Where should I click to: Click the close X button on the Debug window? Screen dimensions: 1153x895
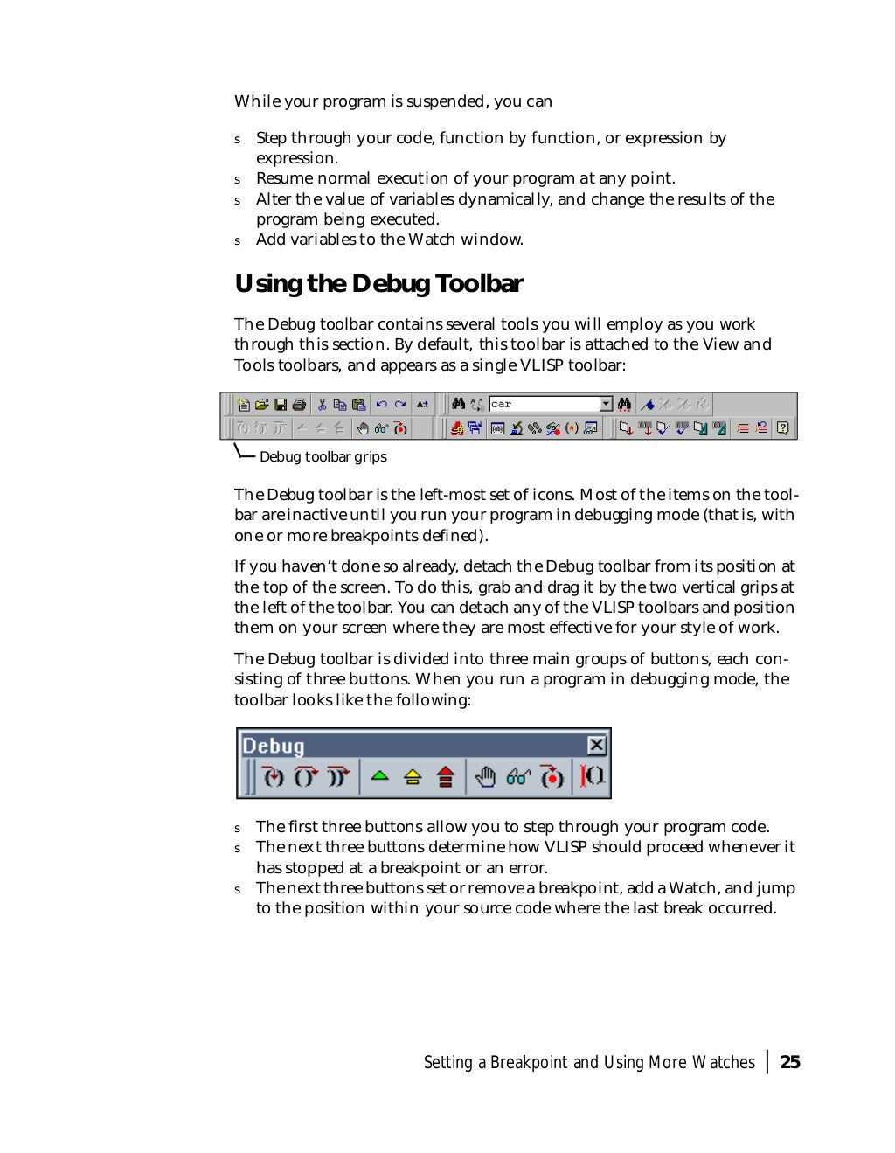[596, 745]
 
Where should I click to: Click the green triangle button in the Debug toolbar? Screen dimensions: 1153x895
[379, 775]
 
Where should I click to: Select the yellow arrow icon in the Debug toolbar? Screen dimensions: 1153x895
[413, 776]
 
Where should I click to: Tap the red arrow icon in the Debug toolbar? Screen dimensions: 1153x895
[446, 776]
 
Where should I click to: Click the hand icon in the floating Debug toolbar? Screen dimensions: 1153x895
[485, 776]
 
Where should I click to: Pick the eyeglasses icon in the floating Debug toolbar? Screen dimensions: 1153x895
[518, 776]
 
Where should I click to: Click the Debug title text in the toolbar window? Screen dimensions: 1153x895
[274, 746]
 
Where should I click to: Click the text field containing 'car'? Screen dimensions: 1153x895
[543, 404]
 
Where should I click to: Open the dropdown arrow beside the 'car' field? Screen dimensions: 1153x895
[606, 404]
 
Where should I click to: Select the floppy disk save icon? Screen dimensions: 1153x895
[281, 404]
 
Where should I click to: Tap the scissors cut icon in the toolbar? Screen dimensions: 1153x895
[322, 404]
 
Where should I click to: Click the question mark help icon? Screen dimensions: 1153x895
[782, 428]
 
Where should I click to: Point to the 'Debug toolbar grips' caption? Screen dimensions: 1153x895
[323, 456]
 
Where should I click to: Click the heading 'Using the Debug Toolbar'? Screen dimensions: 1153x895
[378, 284]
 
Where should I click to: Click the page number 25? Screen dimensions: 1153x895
[789, 1062]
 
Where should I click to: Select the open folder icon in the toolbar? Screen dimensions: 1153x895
[261, 404]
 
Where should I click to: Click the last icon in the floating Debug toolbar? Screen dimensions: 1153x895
[593, 776]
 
